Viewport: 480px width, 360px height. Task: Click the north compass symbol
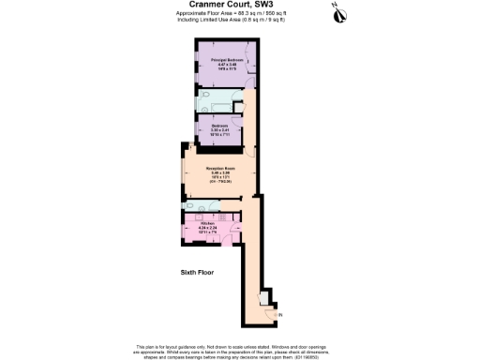click(337, 12)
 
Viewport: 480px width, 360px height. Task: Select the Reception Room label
click(220, 168)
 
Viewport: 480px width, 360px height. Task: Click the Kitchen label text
click(208, 222)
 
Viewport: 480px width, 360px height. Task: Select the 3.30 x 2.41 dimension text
click(220, 128)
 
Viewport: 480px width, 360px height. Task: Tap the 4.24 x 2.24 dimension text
click(208, 227)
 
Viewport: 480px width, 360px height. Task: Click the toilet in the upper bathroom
click(205, 108)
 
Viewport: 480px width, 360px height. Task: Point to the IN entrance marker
click(279, 315)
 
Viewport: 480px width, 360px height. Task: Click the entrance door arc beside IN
click(270, 312)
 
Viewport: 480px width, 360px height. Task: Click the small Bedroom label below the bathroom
click(220, 124)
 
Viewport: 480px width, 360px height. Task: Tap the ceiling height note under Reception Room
click(220, 181)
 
